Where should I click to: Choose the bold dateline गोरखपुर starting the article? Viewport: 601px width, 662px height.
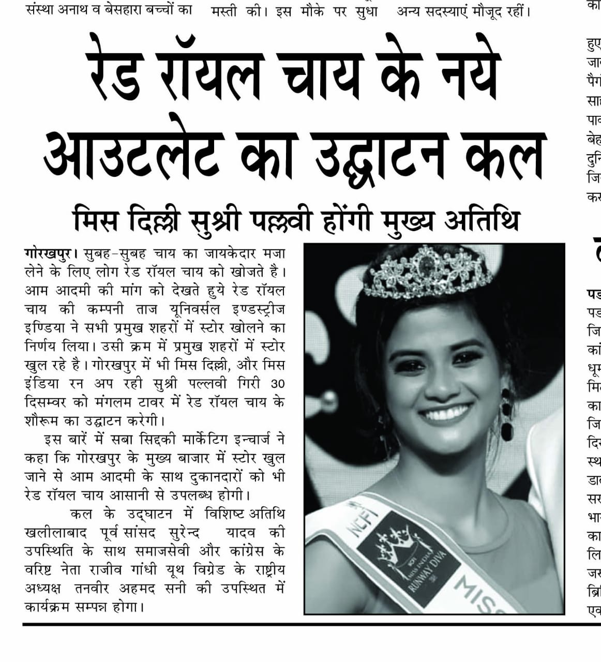coord(48,254)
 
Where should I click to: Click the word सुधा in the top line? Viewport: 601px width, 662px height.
coord(365,11)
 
